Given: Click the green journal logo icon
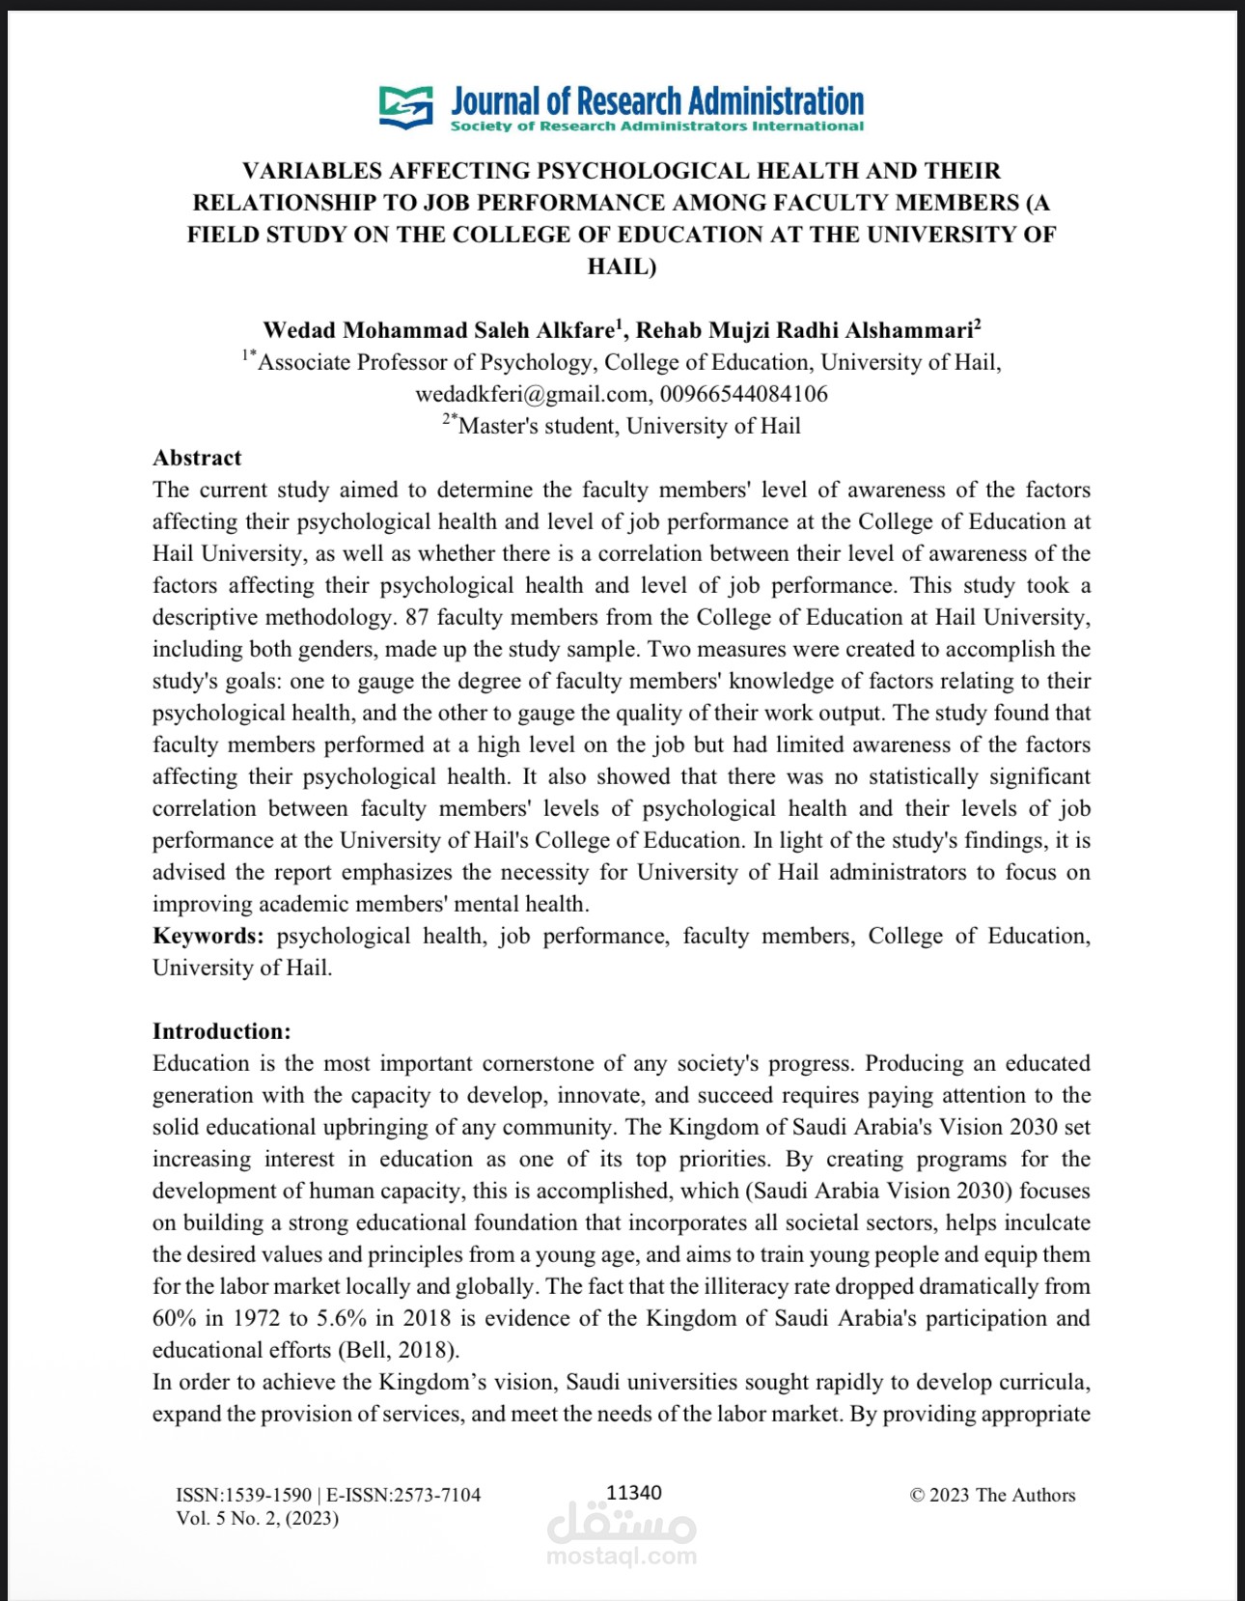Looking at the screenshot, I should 405,106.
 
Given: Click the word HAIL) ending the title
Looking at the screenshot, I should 622,267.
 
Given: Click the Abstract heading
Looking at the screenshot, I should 197,458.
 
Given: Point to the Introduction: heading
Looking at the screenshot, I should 221,1031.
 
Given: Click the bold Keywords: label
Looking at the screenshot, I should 207,936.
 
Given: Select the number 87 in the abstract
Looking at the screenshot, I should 416,617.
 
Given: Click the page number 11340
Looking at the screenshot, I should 633,1493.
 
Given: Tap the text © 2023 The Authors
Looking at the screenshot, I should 992,1495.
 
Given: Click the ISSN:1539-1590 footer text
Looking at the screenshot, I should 243,1495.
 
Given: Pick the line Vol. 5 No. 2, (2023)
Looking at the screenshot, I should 257,1518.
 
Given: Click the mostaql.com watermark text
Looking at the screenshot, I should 622,1556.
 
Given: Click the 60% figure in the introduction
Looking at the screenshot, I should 173,1318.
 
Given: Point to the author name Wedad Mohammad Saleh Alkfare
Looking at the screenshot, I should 438,330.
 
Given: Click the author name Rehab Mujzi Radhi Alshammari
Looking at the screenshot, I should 804,330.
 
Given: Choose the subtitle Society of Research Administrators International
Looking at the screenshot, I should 656,126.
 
